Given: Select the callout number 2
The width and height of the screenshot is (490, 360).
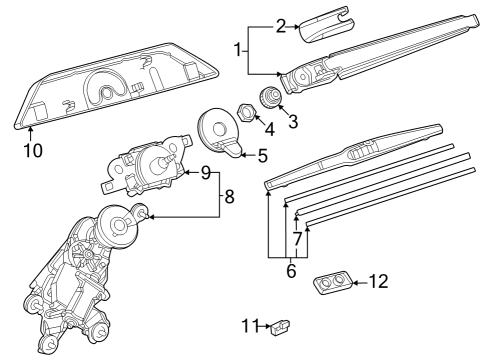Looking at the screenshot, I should coord(282,25).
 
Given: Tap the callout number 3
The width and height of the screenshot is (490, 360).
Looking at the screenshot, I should coord(292,122).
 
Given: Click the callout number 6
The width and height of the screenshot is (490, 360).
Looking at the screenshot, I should coord(292,270).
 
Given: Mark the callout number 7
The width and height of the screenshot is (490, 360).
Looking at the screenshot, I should coord(297,239).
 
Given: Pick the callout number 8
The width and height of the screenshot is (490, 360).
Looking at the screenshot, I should coord(229,197).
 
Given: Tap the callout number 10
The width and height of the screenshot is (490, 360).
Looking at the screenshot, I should coord(32,151).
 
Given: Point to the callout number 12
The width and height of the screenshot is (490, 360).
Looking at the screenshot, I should coord(378,282).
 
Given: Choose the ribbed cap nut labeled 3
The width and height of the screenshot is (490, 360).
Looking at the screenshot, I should coord(270,98).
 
